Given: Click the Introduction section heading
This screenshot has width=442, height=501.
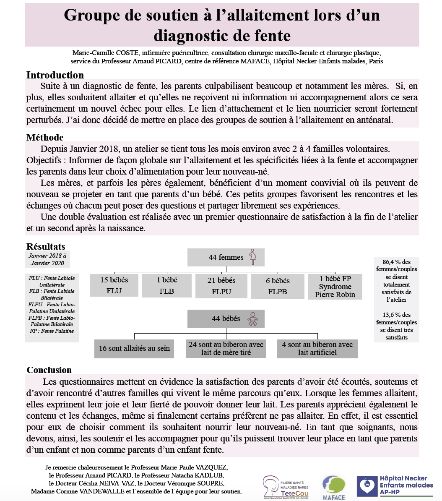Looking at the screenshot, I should coord(55,75).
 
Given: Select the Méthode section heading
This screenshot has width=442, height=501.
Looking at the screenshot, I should coord(45,137).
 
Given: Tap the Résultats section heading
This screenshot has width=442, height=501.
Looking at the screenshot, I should coord(46,246).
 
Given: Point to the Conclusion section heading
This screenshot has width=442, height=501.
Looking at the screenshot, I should coord(49,370).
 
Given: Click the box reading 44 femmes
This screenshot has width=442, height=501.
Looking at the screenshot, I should coord(226,257).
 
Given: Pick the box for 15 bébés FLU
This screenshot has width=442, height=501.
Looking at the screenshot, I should coord(114,285).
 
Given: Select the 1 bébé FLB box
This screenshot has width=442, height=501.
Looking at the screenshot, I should coord(166,285).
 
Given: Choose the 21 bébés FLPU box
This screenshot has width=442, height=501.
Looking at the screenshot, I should coord(221,286).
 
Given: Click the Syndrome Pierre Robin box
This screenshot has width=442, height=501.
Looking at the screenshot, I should coord(335,287).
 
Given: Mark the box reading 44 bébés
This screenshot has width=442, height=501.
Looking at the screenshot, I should coord(226,318).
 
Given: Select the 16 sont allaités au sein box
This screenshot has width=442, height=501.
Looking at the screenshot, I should coord(134,348).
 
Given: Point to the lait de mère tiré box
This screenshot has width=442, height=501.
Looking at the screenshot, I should coord(226,348).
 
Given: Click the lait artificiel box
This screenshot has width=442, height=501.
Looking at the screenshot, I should coord(317,348).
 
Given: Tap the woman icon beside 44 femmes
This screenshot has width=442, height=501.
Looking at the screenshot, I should coord(252,257).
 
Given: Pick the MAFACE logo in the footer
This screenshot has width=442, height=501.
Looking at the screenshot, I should coord(333,488).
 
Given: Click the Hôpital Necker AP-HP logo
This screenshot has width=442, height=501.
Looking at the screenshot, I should coord(395,485).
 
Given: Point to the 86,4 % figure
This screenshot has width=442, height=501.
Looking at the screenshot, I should coord(390,262).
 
